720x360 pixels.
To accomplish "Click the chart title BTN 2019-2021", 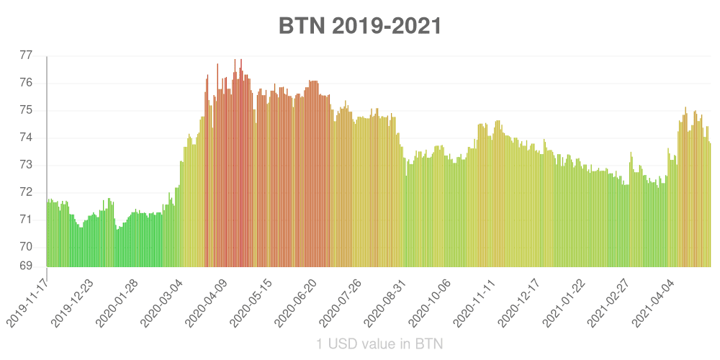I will click(359, 27).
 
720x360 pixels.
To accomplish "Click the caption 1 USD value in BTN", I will click(379, 344).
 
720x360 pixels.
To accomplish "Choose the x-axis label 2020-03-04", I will click(162, 302).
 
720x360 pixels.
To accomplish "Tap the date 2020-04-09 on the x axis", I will click(207, 302).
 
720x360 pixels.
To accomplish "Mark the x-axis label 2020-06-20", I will click(296, 302).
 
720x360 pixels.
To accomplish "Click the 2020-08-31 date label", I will click(384, 302).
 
